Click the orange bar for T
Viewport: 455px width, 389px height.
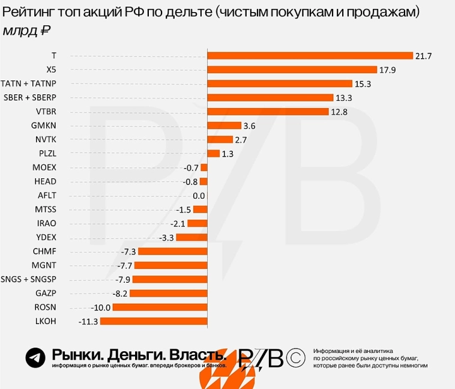tap(310, 56)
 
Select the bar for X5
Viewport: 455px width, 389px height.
tap(292, 70)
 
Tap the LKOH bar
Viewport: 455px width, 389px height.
tap(153, 322)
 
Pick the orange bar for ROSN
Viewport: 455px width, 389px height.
tap(160, 307)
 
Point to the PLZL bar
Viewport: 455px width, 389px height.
tap(213, 154)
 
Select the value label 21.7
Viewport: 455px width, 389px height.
tap(423, 56)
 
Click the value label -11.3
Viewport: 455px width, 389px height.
tap(88, 322)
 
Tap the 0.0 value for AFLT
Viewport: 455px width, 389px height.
tap(199, 196)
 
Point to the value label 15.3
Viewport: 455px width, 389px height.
tap(363, 84)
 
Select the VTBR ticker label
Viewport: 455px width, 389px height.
tap(46, 112)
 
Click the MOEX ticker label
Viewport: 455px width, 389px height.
tap(44, 167)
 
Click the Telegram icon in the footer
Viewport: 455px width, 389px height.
tap(35, 358)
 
